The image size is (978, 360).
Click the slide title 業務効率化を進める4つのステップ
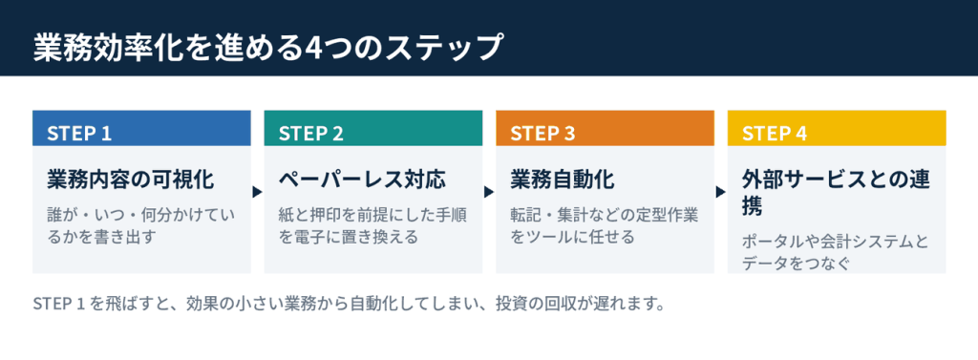click(x=267, y=48)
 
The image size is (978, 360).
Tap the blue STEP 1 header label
click(x=79, y=134)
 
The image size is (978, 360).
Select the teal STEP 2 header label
click(x=311, y=134)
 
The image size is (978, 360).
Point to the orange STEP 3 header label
click(x=542, y=134)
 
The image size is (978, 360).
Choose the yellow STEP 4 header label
click(x=775, y=134)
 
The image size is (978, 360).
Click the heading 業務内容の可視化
click(x=130, y=180)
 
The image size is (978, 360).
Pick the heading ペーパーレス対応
click(x=362, y=180)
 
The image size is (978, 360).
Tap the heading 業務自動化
click(x=563, y=180)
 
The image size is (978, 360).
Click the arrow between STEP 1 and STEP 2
click(x=257, y=192)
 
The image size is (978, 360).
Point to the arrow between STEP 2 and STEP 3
click(x=489, y=192)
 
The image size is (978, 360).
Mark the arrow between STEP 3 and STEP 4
click(x=721, y=192)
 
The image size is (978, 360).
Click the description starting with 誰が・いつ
click(x=141, y=226)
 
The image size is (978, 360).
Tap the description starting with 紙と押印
click(x=373, y=226)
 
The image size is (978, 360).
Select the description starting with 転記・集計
click(x=605, y=226)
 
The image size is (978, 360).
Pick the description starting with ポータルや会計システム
click(x=836, y=252)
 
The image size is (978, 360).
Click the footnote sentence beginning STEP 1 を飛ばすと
click(x=348, y=305)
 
